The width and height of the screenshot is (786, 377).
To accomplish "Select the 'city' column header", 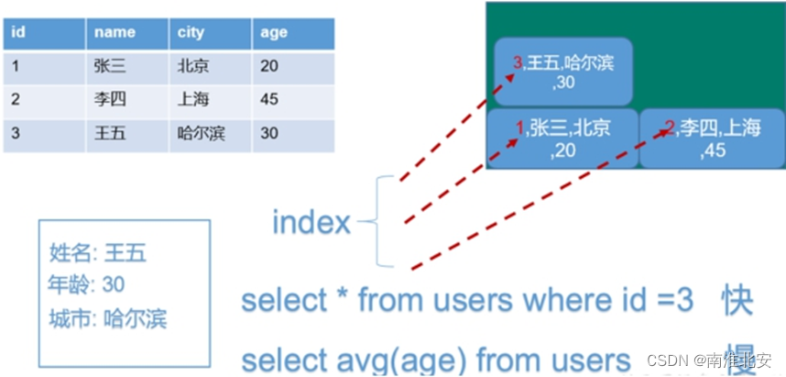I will (x=192, y=33).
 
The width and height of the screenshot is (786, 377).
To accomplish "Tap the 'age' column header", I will (x=273, y=33).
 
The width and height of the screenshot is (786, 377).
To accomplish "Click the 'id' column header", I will (x=18, y=33).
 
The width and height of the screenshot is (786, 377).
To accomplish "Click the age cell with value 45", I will (x=269, y=99).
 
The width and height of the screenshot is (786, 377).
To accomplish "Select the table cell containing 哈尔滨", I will (x=202, y=133).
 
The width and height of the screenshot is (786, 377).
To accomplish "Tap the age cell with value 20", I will (x=269, y=66).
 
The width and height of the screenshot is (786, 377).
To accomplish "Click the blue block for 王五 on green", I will (x=562, y=72).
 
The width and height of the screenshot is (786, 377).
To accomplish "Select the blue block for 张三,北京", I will (x=562, y=139).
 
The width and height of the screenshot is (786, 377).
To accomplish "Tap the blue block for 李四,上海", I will (x=712, y=139).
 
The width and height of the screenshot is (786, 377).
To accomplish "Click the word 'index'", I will (x=311, y=222).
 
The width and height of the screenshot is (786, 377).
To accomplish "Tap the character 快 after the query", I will (x=737, y=301).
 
